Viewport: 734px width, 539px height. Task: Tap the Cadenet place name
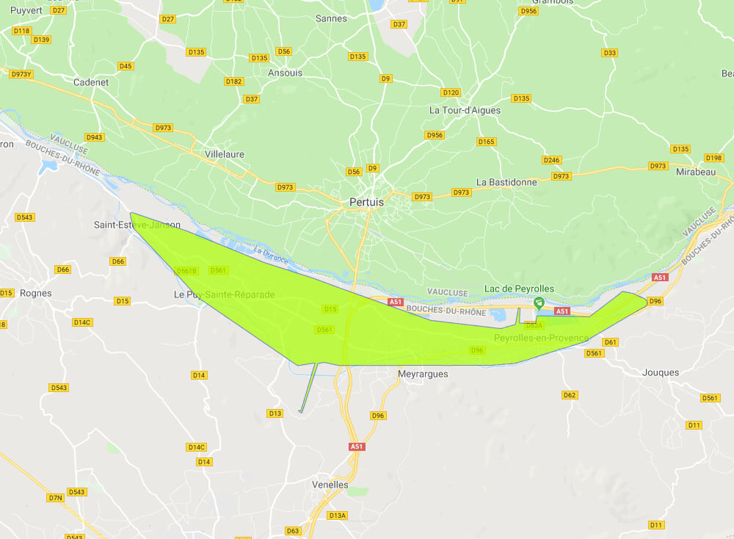click(x=91, y=82)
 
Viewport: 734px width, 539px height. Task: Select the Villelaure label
click(x=225, y=154)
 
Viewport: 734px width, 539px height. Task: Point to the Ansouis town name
click(x=285, y=73)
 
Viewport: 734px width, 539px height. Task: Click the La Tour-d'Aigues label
click(x=465, y=110)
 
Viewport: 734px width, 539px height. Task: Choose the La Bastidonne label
click(x=506, y=181)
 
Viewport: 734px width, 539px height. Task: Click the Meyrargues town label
click(x=423, y=374)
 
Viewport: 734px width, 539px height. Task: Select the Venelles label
click(x=330, y=485)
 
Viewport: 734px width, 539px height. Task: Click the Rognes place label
click(x=36, y=293)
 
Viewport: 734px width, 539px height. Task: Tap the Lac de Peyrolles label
click(x=519, y=289)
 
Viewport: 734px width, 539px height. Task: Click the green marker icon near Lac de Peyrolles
click(x=539, y=303)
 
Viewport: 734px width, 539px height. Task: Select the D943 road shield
click(x=94, y=137)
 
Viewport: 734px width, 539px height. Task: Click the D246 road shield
click(x=551, y=160)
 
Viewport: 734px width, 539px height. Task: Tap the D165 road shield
click(x=486, y=142)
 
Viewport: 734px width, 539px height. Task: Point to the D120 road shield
click(x=451, y=93)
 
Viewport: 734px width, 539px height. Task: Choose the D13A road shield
click(x=337, y=516)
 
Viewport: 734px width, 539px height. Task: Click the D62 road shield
click(x=569, y=395)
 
